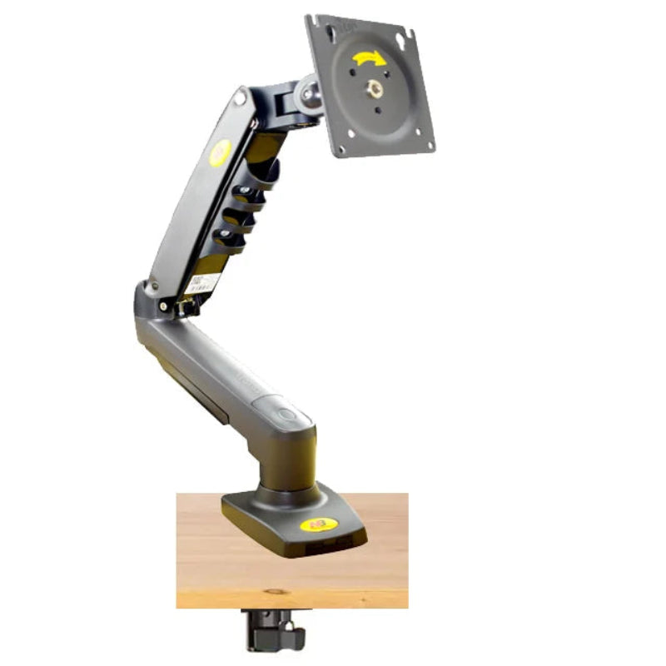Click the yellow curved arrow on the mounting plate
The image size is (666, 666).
point(366,59)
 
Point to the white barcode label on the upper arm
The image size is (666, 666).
point(206,283)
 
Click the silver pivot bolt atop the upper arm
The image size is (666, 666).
point(241,98)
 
